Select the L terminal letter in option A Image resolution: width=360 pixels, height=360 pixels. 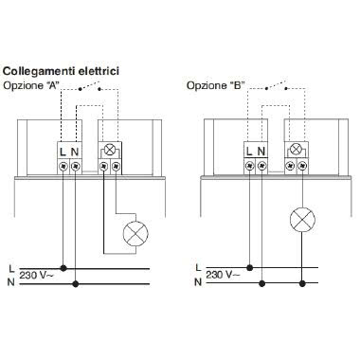pos(63,152)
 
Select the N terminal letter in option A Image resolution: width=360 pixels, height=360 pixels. pos(76,152)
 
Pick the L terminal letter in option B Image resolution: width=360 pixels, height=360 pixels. pos(249,152)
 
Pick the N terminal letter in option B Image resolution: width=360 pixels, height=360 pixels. pos(261,152)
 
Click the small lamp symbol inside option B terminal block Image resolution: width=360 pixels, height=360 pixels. pos(295,150)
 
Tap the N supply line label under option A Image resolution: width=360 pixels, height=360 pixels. pos(9,281)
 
